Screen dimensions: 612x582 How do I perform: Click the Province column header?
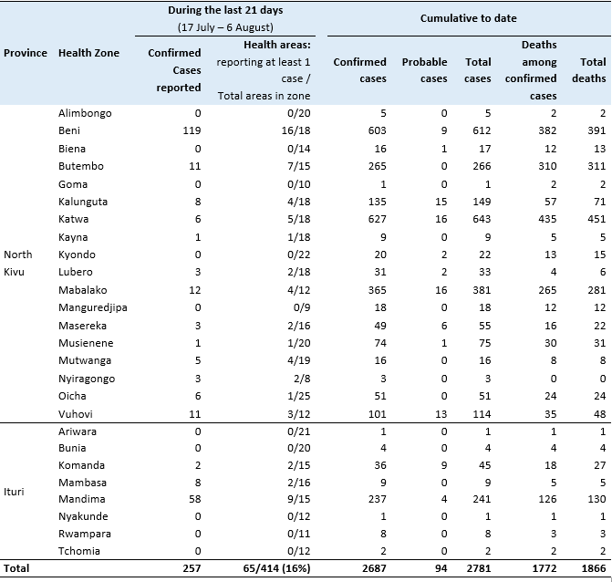tap(26, 53)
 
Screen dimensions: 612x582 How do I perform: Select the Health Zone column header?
tap(88, 53)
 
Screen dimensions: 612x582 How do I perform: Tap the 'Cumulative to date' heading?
tap(469, 18)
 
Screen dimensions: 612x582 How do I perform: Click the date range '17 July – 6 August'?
tap(225, 27)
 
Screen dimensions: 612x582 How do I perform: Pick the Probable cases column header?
tap(425, 70)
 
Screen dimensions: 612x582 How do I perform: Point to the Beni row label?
tap(69, 130)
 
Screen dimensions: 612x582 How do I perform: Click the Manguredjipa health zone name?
tap(93, 308)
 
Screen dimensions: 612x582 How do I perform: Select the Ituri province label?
tap(14, 492)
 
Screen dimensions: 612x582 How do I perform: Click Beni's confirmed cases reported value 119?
tap(192, 130)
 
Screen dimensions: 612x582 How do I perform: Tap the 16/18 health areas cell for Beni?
tap(296, 130)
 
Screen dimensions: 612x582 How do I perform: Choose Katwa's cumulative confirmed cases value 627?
tap(377, 219)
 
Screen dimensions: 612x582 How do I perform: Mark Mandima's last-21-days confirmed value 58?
tap(195, 499)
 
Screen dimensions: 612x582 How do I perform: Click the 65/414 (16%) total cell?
tap(276, 568)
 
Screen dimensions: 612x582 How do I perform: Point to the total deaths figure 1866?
tap(594, 568)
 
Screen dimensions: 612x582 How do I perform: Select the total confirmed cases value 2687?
tap(374, 568)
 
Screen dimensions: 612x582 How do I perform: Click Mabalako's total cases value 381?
tap(482, 290)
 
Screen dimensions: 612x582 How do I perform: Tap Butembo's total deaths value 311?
tap(596, 166)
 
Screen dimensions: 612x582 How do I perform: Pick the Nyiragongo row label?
tap(87, 379)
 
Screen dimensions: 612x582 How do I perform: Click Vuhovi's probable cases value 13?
tap(441, 414)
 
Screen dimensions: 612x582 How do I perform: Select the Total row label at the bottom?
tap(16, 568)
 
